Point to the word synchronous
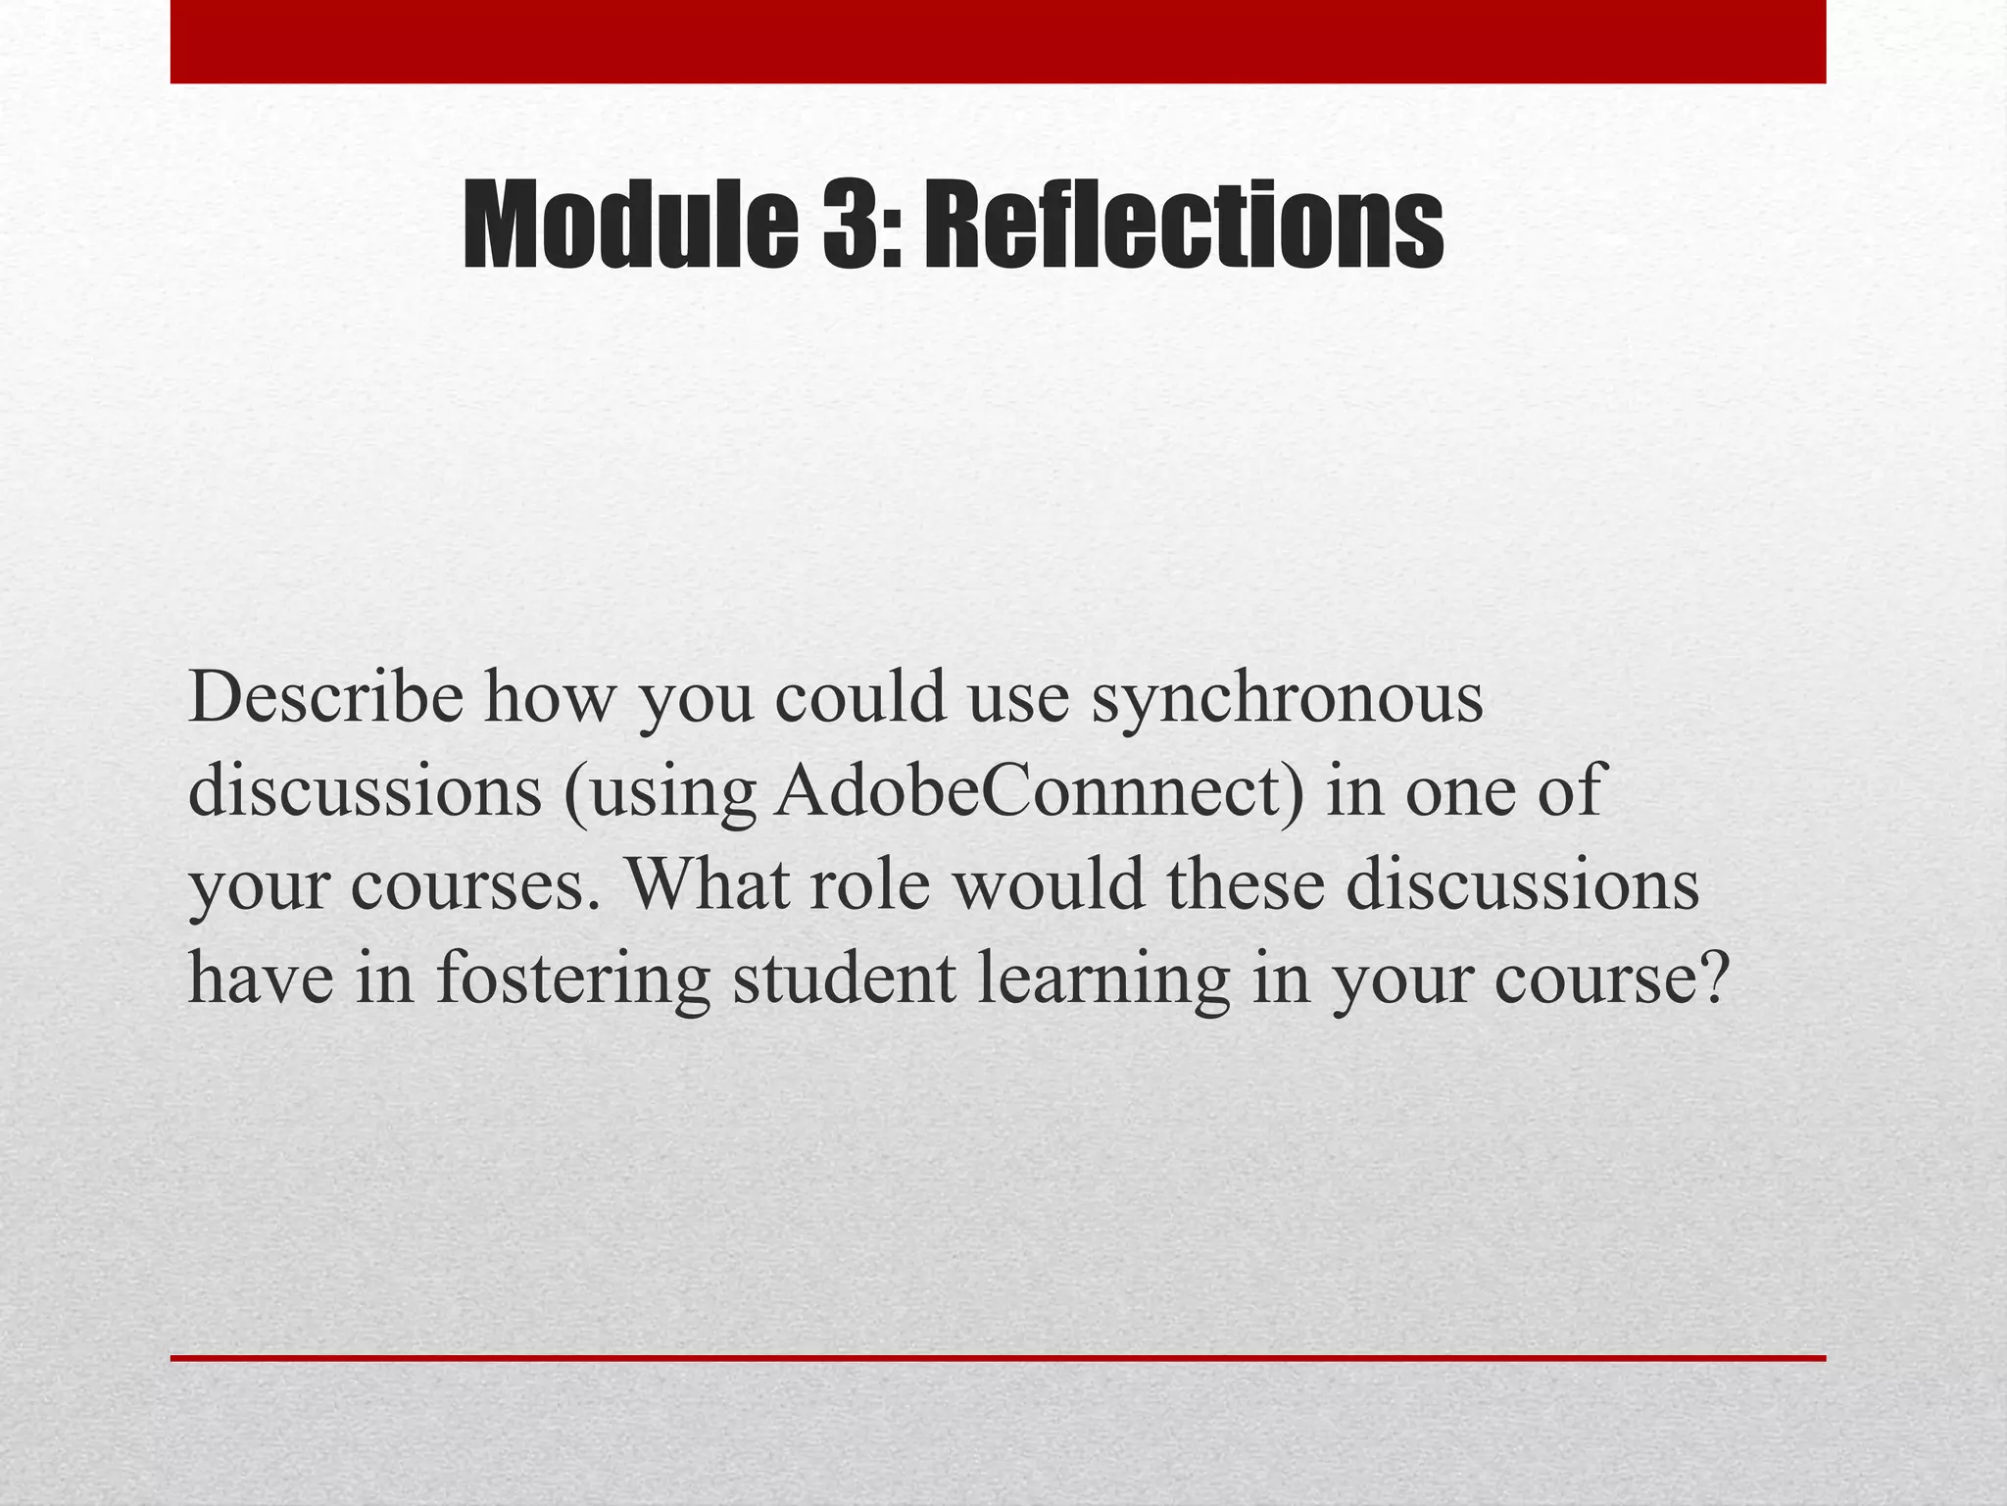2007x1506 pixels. click(1288, 700)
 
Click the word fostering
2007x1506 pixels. click(572, 978)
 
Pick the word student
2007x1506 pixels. click(844, 978)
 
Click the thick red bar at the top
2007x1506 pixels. click(998, 41)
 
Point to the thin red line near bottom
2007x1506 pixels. click(998, 1358)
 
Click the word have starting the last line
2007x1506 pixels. click(260, 978)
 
